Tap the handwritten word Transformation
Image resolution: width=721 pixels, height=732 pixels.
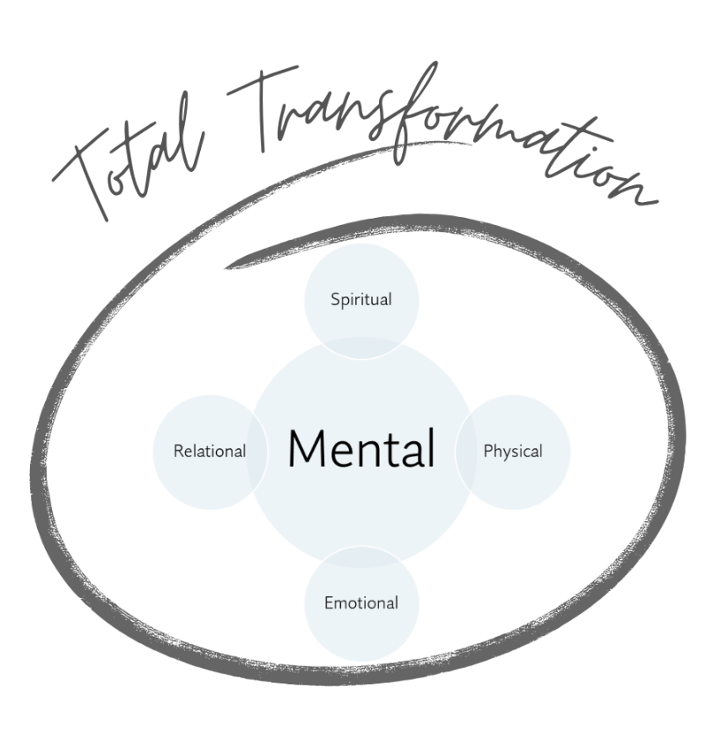[441, 132]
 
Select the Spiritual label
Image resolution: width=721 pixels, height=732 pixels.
[360, 299]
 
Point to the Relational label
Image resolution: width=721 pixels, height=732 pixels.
[209, 451]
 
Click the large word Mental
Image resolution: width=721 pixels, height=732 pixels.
[360, 448]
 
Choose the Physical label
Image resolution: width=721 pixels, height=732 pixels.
[512, 451]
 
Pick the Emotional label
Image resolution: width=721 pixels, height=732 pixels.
[360, 603]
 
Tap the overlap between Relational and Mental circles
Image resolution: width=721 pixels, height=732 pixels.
[258, 452]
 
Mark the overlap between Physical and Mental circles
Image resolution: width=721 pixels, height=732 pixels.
[465, 452]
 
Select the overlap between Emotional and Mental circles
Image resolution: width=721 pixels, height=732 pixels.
[360, 554]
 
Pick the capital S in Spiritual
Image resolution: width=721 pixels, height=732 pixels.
[335, 299]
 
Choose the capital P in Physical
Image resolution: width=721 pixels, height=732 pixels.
[487, 451]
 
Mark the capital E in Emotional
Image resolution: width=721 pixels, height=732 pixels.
[329, 603]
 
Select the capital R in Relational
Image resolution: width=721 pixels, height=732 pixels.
[178, 451]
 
